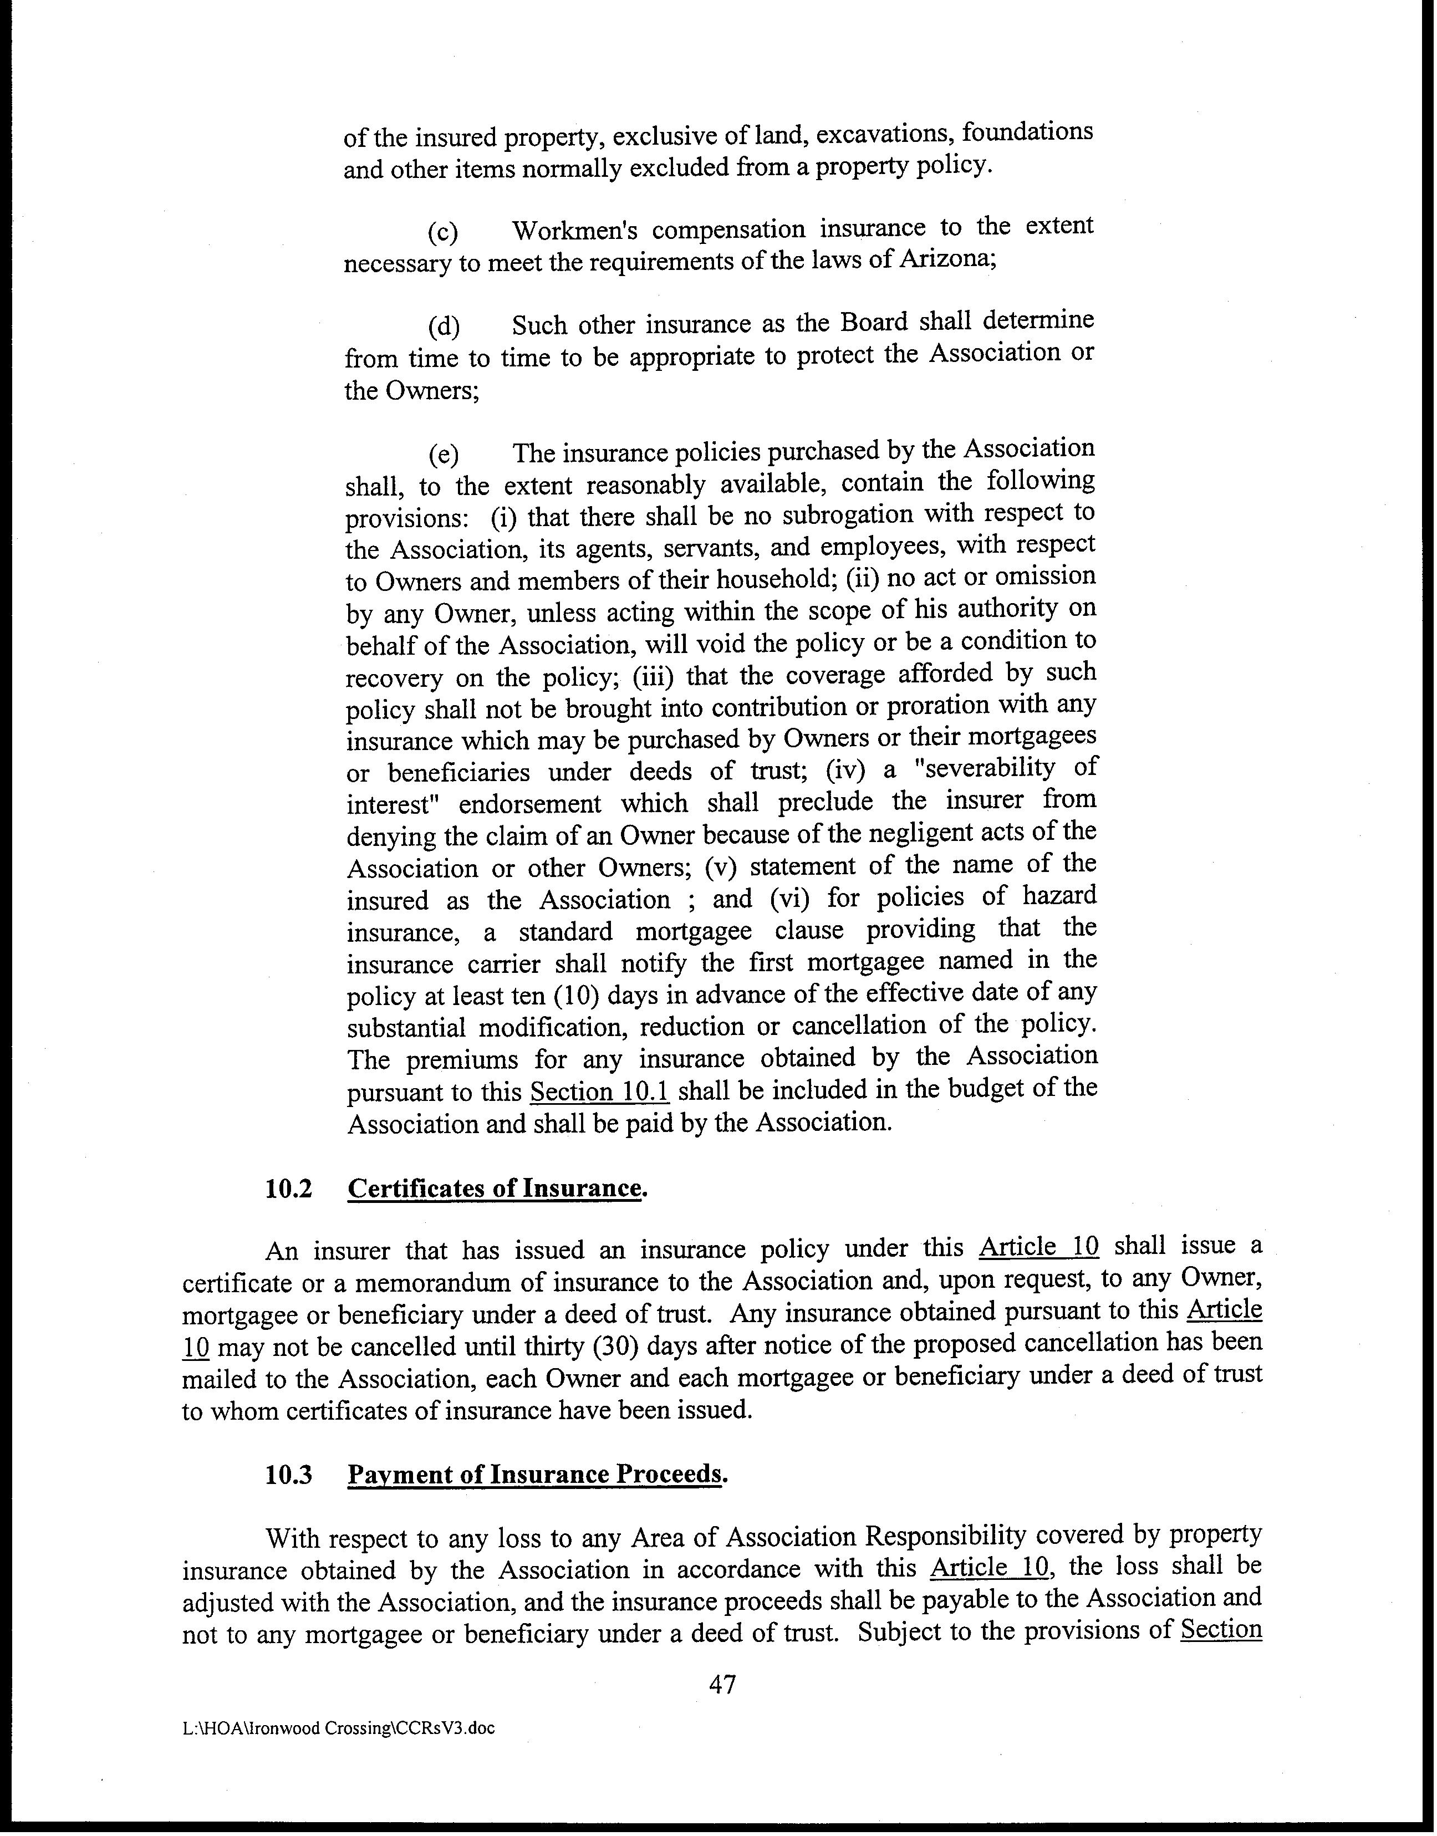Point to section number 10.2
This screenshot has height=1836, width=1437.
coord(289,1189)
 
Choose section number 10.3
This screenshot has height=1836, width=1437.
coord(289,1475)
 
